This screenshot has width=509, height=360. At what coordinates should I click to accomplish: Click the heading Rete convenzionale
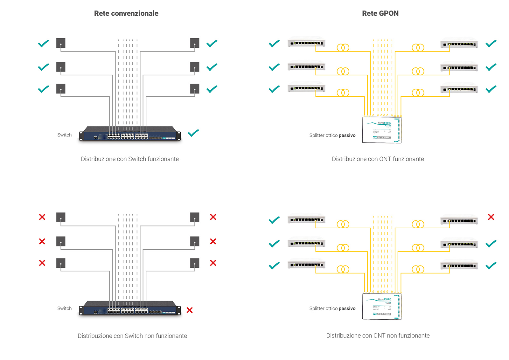click(126, 13)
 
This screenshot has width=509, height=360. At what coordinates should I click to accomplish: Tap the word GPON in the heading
click(389, 13)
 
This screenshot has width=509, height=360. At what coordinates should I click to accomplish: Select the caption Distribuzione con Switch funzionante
click(130, 159)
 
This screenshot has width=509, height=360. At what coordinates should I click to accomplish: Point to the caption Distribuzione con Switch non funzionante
click(132, 336)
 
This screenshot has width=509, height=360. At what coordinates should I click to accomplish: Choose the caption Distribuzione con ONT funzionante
click(378, 159)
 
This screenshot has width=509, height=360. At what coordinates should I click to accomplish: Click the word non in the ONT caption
click(392, 336)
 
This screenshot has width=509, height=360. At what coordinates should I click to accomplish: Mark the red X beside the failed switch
click(190, 310)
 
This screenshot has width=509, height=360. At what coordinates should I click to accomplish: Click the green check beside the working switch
click(193, 133)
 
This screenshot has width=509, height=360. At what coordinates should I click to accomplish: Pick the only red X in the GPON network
click(491, 217)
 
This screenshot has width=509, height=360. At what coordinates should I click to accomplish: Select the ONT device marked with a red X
click(459, 220)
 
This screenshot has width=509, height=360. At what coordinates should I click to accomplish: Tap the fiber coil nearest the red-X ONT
click(418, 225)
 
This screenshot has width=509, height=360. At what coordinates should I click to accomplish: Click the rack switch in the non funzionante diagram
click(130, 308)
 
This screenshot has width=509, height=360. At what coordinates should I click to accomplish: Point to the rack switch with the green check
click(130, 134)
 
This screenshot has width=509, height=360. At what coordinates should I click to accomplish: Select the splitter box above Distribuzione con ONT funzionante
click(382, 130)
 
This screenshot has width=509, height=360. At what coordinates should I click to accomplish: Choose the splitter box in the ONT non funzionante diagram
click(382, 307)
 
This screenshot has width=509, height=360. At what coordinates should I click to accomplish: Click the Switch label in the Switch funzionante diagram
click(64, 135)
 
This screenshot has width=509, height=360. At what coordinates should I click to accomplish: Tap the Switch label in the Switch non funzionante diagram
click(64, 308)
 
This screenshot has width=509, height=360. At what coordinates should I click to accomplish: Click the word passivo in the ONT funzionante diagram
click(347, 135)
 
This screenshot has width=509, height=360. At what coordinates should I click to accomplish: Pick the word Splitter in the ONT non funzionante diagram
click(317, 308)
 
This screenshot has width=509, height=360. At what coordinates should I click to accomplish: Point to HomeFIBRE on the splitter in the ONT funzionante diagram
click(384, 123)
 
